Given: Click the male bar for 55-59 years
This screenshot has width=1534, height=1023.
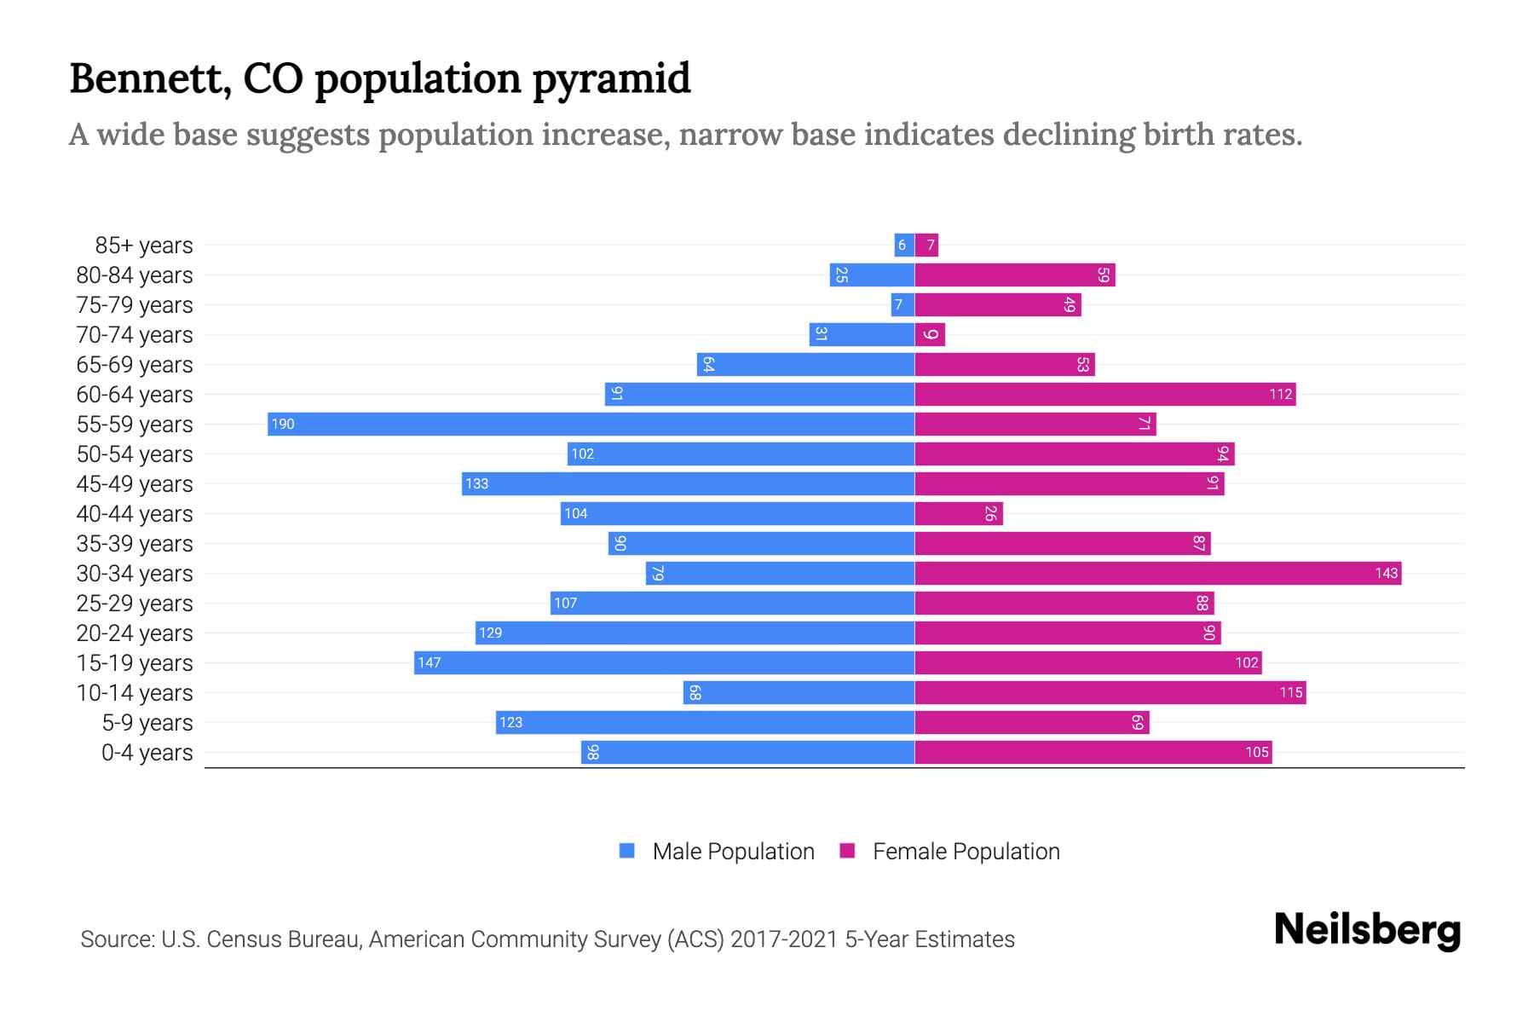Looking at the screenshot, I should coord(591,424).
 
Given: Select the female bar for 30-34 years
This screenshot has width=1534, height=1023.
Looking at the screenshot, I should coord(1157,573).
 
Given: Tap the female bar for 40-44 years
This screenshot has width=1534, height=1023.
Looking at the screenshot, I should coord(958,513).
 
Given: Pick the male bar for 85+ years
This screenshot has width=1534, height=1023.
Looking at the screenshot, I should coord(904,246).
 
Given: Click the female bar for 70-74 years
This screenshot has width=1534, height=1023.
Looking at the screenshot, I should coord(930,335).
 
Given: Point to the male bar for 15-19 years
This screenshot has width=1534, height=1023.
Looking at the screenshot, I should coord(664,662).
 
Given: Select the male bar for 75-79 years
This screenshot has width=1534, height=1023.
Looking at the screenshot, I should coord(903,305).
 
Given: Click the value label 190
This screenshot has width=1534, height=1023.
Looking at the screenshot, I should coord(283,425).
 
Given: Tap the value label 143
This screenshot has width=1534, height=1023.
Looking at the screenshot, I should coord(1386,574).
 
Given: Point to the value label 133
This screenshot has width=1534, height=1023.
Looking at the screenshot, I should coord(476,484).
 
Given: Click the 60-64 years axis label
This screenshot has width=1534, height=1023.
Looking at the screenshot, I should coord(135,395).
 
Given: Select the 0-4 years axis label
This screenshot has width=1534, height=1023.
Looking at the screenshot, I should coord(147,753).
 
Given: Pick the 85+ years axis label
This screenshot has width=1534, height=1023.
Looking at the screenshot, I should coord(144,246).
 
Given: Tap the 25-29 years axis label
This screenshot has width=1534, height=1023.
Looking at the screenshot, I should coord(135,604).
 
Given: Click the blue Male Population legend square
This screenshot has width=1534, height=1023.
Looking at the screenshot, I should coord(627,851).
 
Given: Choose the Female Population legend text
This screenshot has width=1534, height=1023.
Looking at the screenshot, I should coord(966,852).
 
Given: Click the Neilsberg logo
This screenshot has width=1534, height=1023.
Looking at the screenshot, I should coord(1367,930).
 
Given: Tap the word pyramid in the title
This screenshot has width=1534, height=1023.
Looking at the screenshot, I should coord(611,79).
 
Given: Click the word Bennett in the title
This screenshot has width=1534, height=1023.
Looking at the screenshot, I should coord(151,79).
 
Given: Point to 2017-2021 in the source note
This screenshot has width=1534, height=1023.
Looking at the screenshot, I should coord(783,939).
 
